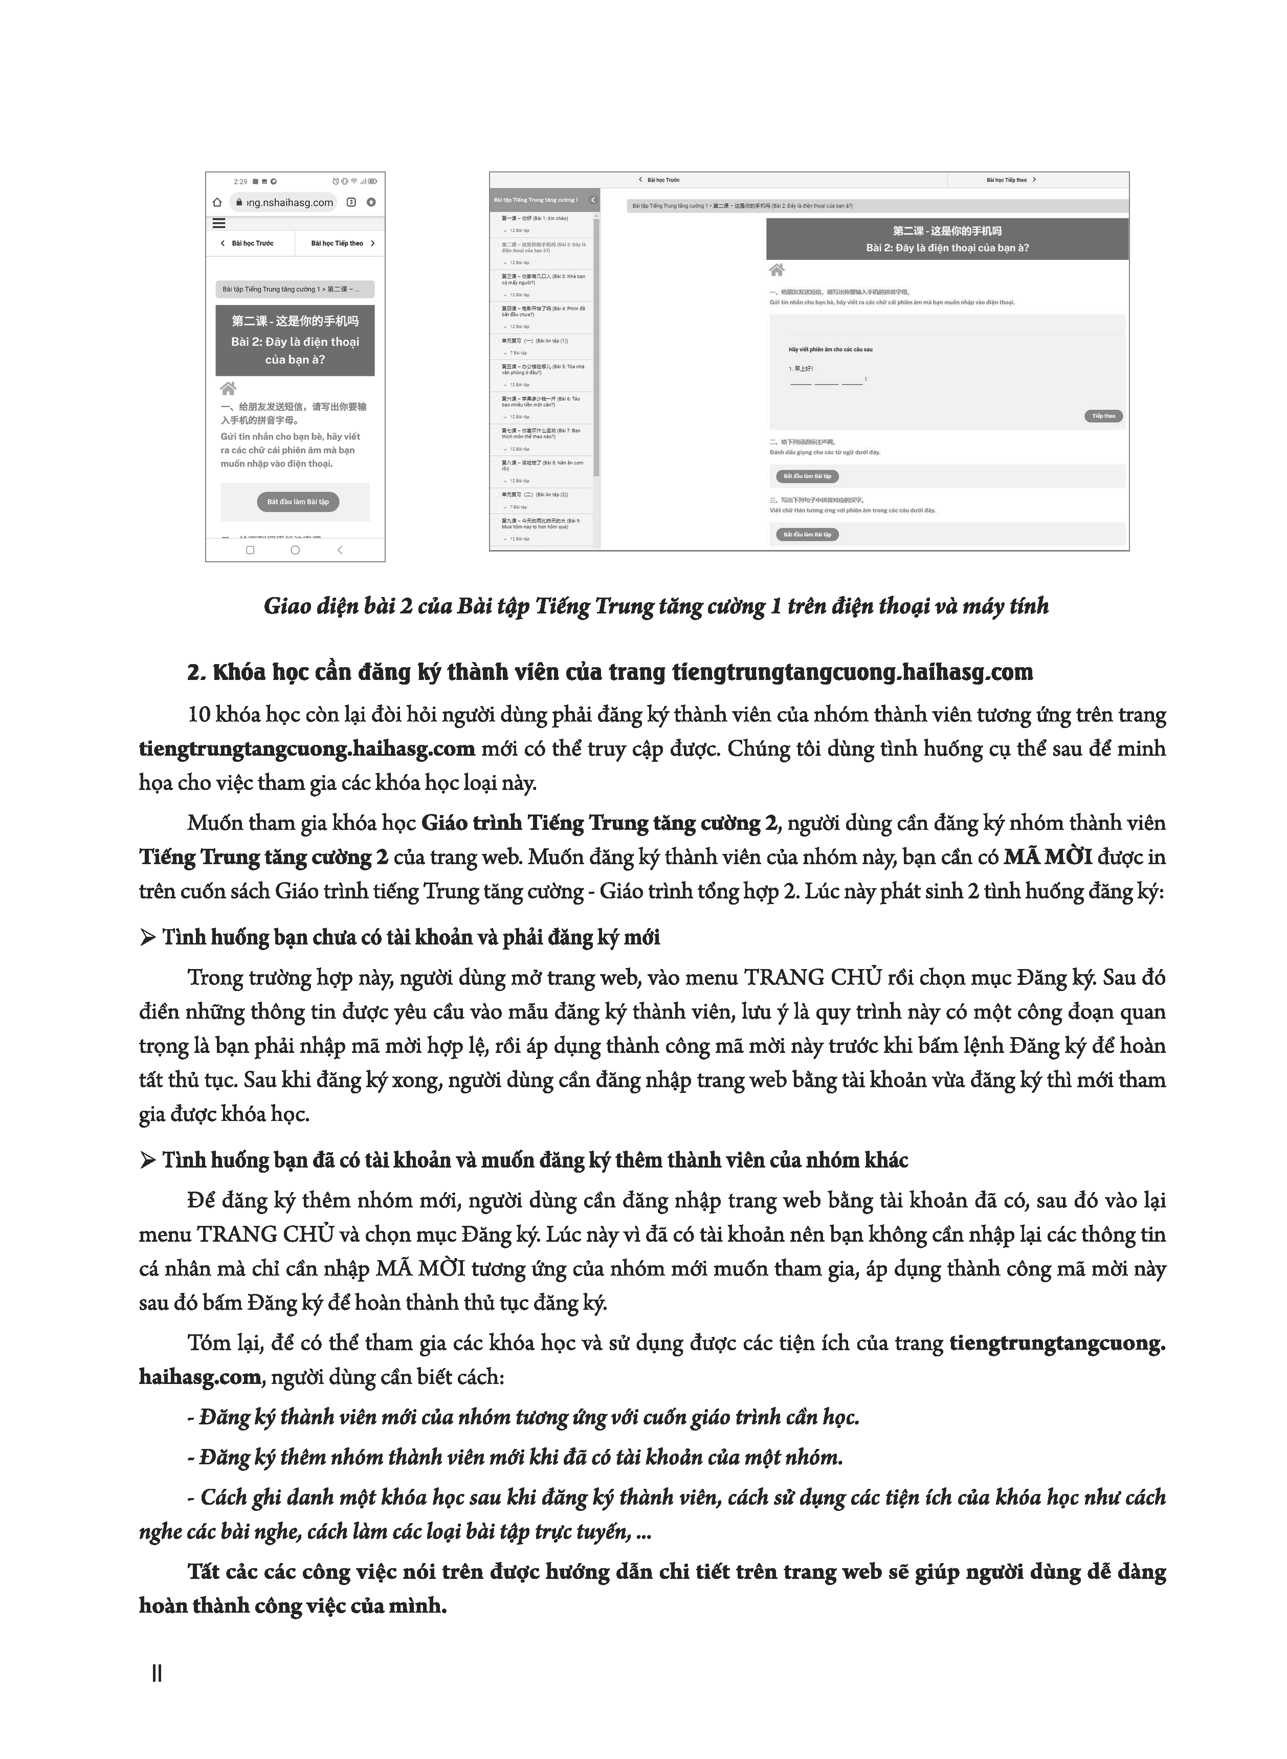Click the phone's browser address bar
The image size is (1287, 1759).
pos(284,203)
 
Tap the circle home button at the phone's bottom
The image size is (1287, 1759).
pos(295,550)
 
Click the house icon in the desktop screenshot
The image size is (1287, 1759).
pos(776,270)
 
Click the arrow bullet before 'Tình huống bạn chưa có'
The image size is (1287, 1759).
pos(147,937)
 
